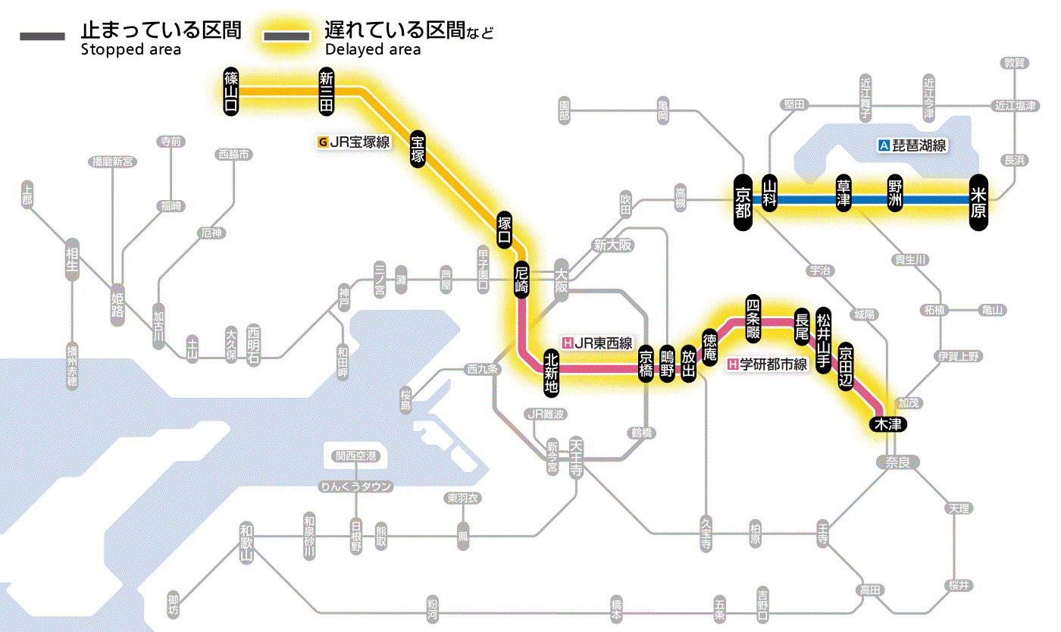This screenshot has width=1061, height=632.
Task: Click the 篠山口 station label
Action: tap(231, 92)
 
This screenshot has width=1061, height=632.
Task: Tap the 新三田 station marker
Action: tap(327, 92)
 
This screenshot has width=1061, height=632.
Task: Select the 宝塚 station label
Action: tap(418, 148)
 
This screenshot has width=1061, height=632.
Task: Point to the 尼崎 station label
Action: tap(521, 280)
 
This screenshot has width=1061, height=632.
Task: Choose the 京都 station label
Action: tap(743, 200)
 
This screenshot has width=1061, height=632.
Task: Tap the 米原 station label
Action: tap(978, 200)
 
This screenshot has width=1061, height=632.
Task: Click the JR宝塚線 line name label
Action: tap(354, 141)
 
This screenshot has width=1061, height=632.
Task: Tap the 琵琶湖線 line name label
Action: tap(912, 145)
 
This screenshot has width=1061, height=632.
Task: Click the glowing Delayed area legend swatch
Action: tap(286, 36)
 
